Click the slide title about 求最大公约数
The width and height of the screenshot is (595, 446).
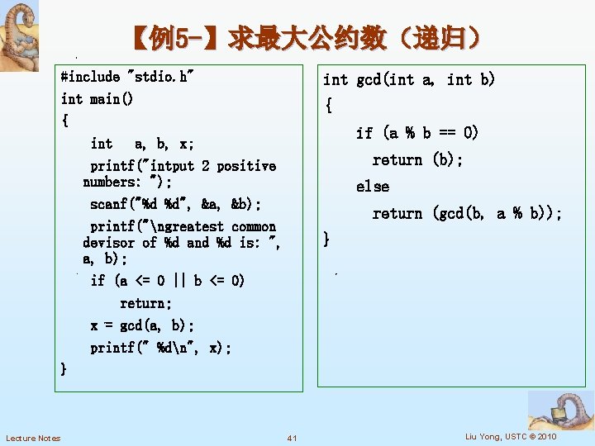[305, 38]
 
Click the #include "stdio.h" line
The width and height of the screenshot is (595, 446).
[127, 77]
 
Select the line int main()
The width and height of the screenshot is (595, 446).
[97, 99]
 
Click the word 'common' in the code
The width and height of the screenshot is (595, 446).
[254, 226]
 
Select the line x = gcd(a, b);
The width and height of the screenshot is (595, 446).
[142, 326]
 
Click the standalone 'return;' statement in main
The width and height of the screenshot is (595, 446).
[146, 303]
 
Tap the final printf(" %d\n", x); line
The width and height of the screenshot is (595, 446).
[161, 348]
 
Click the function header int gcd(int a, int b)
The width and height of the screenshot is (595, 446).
[408, 79]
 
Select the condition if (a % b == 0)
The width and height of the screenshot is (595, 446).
[417, 133]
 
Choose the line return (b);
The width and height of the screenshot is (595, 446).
[417, 160]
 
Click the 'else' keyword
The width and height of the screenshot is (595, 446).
[373, 187]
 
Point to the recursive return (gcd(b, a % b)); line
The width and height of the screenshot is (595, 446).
[467, 214]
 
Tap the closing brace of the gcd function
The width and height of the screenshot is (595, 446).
[327, 240]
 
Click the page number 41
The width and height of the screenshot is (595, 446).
[292, 438]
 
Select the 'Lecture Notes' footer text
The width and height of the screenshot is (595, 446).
[33, 438]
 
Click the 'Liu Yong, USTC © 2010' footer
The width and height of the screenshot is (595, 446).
[511, 436]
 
